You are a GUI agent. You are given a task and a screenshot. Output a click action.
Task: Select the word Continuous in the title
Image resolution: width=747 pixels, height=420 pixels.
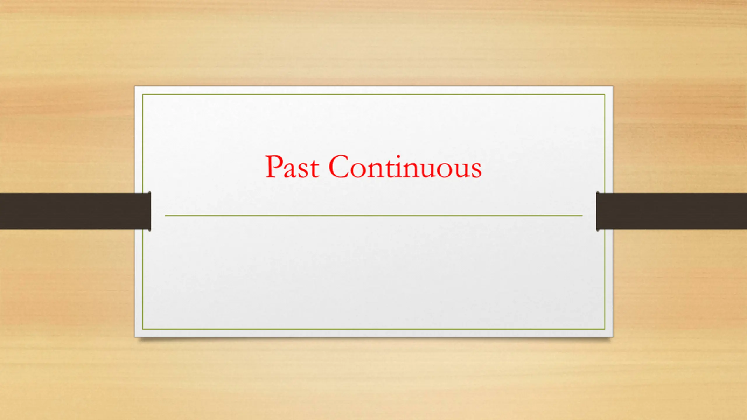[405, 166]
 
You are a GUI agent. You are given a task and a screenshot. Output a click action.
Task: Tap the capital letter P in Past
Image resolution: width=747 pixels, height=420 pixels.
[274, 166]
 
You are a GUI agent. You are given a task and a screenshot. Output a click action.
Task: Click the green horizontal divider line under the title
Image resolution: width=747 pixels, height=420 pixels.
[373, 216]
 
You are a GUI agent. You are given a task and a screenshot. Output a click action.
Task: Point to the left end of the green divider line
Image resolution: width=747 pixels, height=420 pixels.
[165, 216]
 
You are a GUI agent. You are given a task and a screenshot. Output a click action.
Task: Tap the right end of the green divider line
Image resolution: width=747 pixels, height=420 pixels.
[582, 216]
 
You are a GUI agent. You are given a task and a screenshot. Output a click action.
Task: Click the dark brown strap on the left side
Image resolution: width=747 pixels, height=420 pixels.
[75, 211]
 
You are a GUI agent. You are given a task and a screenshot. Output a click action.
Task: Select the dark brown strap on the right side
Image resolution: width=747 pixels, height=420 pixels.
[671, 211]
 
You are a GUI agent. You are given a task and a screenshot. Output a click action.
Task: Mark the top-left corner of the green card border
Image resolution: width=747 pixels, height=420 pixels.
[143, 94]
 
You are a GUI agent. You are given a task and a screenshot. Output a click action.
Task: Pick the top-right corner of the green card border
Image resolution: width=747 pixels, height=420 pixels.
[605, 94]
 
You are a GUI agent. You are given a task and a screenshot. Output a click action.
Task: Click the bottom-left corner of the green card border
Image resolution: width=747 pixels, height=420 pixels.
[143, 329]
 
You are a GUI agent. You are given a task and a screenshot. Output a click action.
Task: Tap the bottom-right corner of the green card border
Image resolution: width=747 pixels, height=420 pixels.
[605, 329]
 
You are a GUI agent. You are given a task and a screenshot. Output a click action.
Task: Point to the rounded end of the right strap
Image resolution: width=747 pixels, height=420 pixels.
[598, 211]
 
